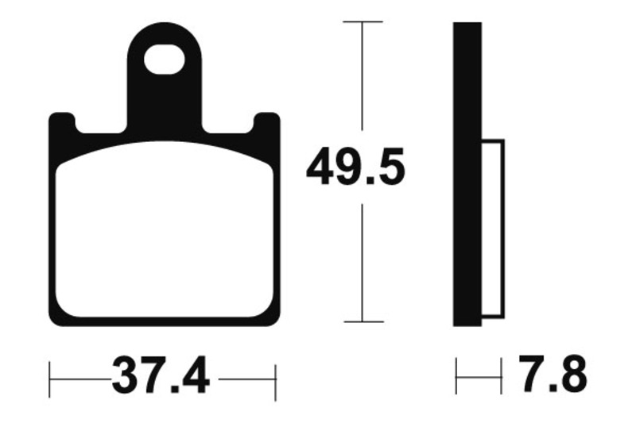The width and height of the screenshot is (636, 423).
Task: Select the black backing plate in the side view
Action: [x=467, y=175]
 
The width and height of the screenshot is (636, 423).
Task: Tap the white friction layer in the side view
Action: [x=493, y=230]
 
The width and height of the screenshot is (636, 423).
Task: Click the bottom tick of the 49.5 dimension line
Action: [x=363, y=322]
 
